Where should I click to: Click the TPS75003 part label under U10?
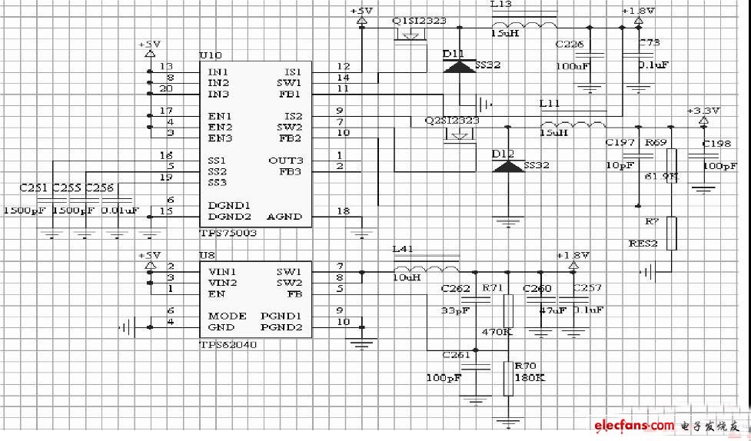[x=228, y=233]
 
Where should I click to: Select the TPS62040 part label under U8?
[x=228, y=345]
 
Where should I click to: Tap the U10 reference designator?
[x=210, y=56]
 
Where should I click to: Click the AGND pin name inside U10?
[x=284, y=217]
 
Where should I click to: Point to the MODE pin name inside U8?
[x=228, y=316]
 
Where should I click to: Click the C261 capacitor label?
[x=456, y=355]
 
